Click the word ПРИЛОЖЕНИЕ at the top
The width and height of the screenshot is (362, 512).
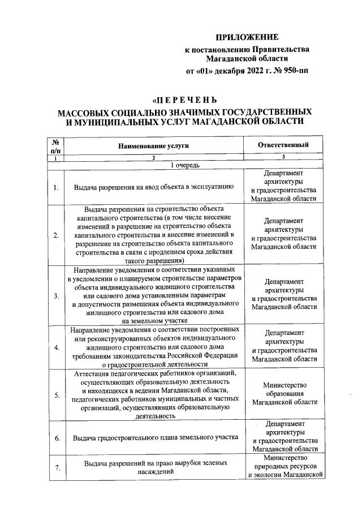tap(249, 37)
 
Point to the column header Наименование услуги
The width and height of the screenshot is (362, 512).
tap(153, 146)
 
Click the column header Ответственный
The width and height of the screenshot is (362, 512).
tap(283, 145)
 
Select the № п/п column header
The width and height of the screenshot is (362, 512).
tap(56, 146)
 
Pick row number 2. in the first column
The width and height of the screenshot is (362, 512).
tap(56, 235)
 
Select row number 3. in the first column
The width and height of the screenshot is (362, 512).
tap(56, 295)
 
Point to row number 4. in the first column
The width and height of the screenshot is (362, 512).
tap(56, 347)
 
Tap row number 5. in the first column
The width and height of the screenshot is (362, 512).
tap(56, 395)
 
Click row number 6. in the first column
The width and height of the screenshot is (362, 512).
tap(56, 437)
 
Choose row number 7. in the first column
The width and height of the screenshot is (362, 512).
tap(56, 467)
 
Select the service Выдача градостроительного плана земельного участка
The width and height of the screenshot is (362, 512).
tap(153, 437)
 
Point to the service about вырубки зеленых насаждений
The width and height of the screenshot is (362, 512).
tap(153, 467)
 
